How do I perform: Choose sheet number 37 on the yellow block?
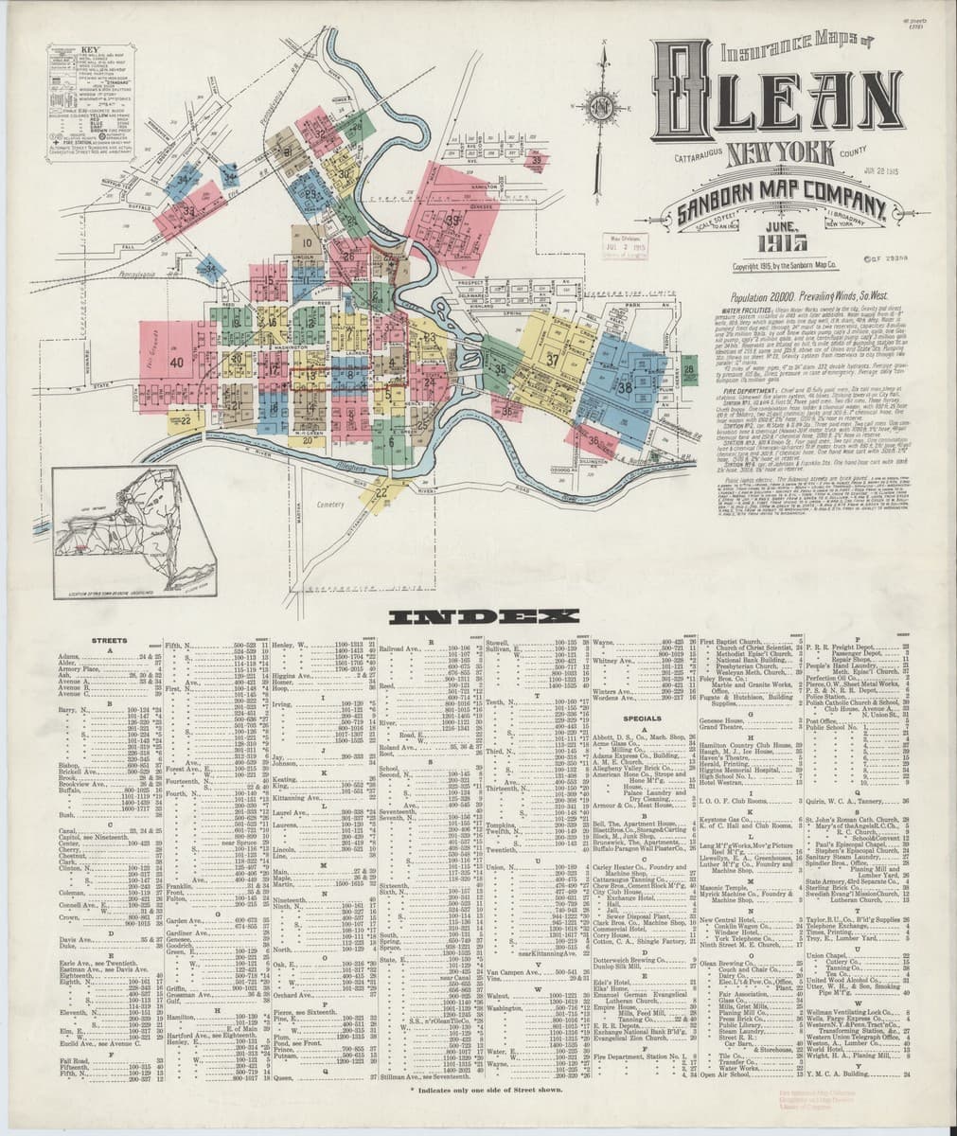point(552,361)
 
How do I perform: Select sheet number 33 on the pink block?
point(189,210)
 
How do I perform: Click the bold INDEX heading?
point(477,617)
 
